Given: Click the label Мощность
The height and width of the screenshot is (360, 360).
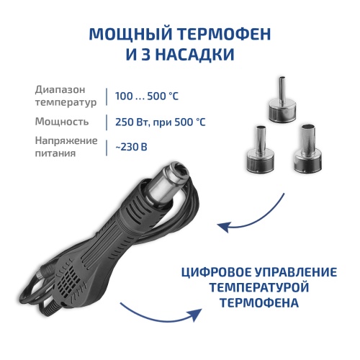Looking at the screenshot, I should (62, 122).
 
